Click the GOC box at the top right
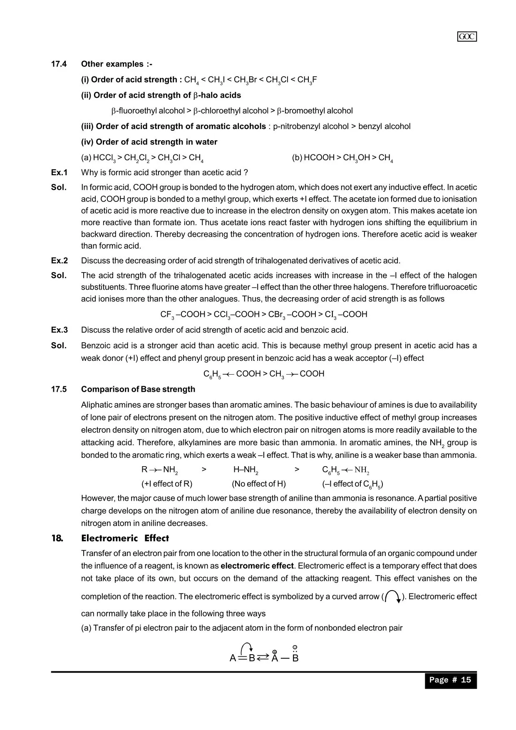pos(467,37)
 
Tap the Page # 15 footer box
pos(450,680)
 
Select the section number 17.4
pos(59,64)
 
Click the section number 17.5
pos(59,389)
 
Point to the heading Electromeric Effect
pos(125,538)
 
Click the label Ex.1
pos(59,172)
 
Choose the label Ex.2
pos(59,261)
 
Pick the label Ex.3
pos(59,330)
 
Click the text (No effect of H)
pos(259,484)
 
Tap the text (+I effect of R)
pos(167,484)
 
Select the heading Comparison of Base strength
pos(138,389)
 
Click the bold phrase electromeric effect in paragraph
pos(257,566)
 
